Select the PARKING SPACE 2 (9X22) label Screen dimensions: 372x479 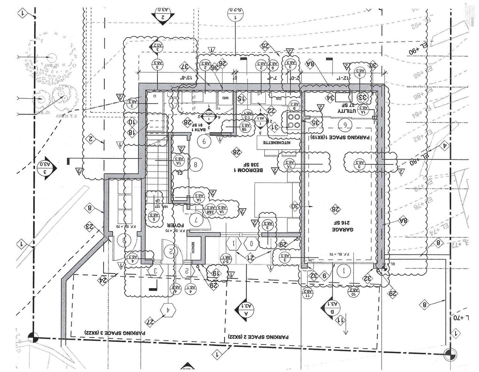pyautogui.click(x=258, y=337)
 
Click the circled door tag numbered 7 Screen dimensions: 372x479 pyautogui.click(x=196, y=219)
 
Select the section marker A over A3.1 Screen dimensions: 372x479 pyautogui.click(x=246, y=310)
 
